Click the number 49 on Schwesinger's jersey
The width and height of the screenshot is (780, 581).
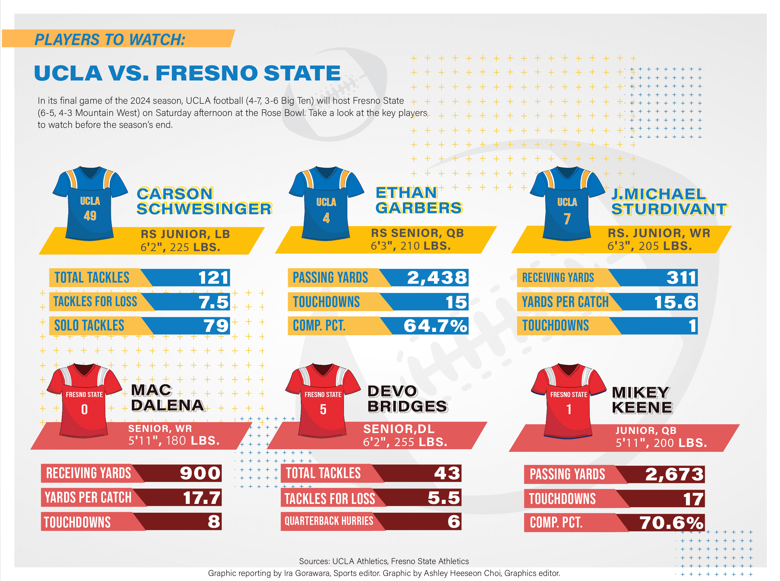(x=90, y=215)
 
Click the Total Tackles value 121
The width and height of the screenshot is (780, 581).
(x=214, y=278)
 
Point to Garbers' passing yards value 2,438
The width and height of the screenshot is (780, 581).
(x=437, y=278)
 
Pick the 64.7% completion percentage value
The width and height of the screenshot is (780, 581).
(x=435, y=326)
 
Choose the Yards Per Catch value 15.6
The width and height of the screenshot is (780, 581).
(x=675, y=302)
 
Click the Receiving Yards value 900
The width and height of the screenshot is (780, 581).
(x=200, y=473)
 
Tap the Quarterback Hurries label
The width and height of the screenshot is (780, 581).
(x=329, y=521)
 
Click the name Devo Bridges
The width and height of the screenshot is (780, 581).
(x=407, y=399)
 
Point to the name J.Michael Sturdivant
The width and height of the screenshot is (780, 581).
(x=669, y=202)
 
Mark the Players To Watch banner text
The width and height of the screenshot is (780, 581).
(x=110, y=39)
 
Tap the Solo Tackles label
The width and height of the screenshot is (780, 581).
(x=89, y=325)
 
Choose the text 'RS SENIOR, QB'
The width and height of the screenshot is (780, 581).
(x=417, y=233)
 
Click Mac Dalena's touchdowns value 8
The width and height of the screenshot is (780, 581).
(x=214, y=521)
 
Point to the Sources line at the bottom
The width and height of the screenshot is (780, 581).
(x=384, y=561)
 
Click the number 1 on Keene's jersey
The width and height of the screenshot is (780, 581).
(x=568, y=409)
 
